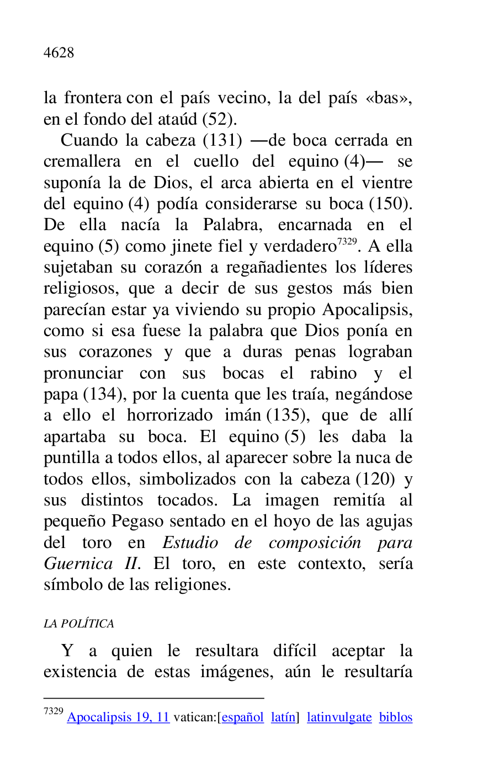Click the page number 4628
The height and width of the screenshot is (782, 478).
pyautogui.click(x=59, y=53)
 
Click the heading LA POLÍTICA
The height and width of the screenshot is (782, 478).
pyautogui.click(x=79, y=624)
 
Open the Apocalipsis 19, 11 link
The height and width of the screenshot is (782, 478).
pyautogui.click(x=118, y=717)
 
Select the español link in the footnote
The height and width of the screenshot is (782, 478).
pyautogui.click(x=242, y=717)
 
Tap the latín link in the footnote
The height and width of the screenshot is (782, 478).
pyautogui.click(x=283, y=717)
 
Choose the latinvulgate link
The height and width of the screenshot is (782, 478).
pyautogui.click(x=339, y=717)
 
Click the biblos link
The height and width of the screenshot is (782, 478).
pyautogui.click(x=396, y=717)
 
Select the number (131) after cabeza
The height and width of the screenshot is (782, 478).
pyautogui.click(x=222, y=140)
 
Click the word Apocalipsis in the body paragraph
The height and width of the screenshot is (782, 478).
pyautogui.click(x=367, y=310)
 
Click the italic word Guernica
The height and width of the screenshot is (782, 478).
pyautogui.click(x=75, y=564)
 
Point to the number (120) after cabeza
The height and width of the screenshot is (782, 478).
pyautogui.click(x=375, y=479)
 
